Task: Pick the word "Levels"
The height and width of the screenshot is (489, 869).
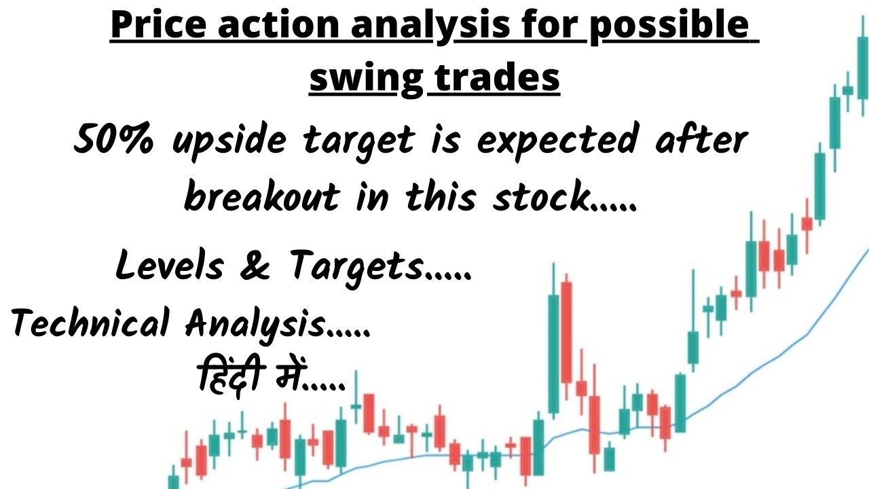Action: click(169, 265)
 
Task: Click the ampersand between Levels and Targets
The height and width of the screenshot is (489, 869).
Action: click(253, 265)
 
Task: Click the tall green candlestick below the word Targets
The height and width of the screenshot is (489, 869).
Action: click(554, 353)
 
